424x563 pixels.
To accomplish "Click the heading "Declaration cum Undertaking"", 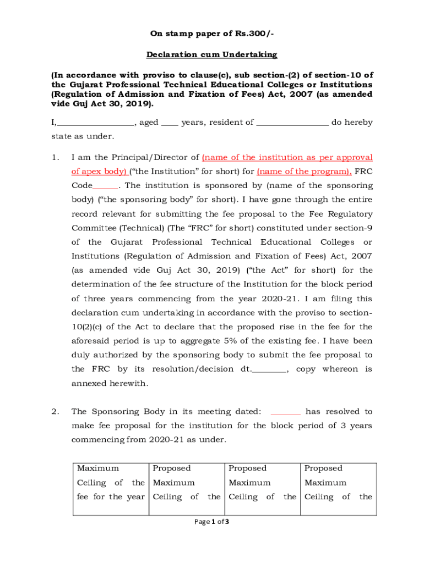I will coord(211,55).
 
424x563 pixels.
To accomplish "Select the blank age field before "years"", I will coord(170,123).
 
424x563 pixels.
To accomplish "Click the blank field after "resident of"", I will coord(292,123).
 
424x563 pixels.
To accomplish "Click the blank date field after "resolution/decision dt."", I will coord(269,369).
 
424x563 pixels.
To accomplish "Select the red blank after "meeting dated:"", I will coord(286,412).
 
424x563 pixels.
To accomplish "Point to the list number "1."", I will coord(55,157).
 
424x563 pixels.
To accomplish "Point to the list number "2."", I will coord(55,412).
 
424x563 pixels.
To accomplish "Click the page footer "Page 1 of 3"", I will coord(212,522).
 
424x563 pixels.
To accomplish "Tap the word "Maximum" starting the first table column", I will coord(98,468).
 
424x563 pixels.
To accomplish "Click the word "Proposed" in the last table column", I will coord(323,468).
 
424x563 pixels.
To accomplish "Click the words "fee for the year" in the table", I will coord(111,497).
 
